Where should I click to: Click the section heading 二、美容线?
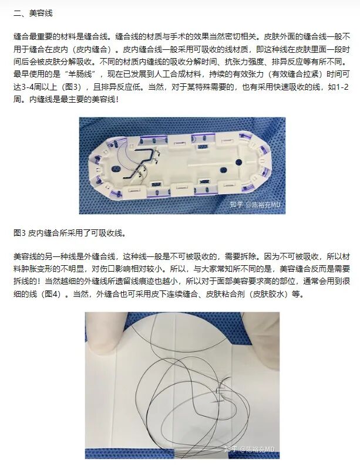pos(35,13)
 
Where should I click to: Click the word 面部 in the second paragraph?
pos(230,283)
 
